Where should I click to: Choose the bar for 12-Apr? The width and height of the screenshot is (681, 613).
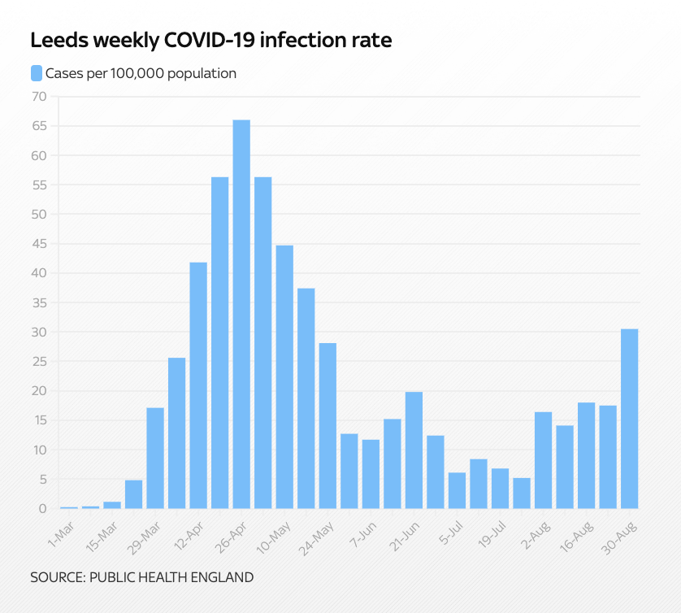tap(198, 385)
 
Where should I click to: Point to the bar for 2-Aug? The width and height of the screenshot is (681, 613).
tap(543, 460)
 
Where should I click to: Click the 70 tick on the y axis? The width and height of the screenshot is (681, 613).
tap(39, 97)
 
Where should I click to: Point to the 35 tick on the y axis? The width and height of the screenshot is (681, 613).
tap(39, 302)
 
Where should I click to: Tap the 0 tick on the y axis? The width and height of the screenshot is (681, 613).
tap(43, 509)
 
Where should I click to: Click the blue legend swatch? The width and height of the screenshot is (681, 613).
tap(36, 73)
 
